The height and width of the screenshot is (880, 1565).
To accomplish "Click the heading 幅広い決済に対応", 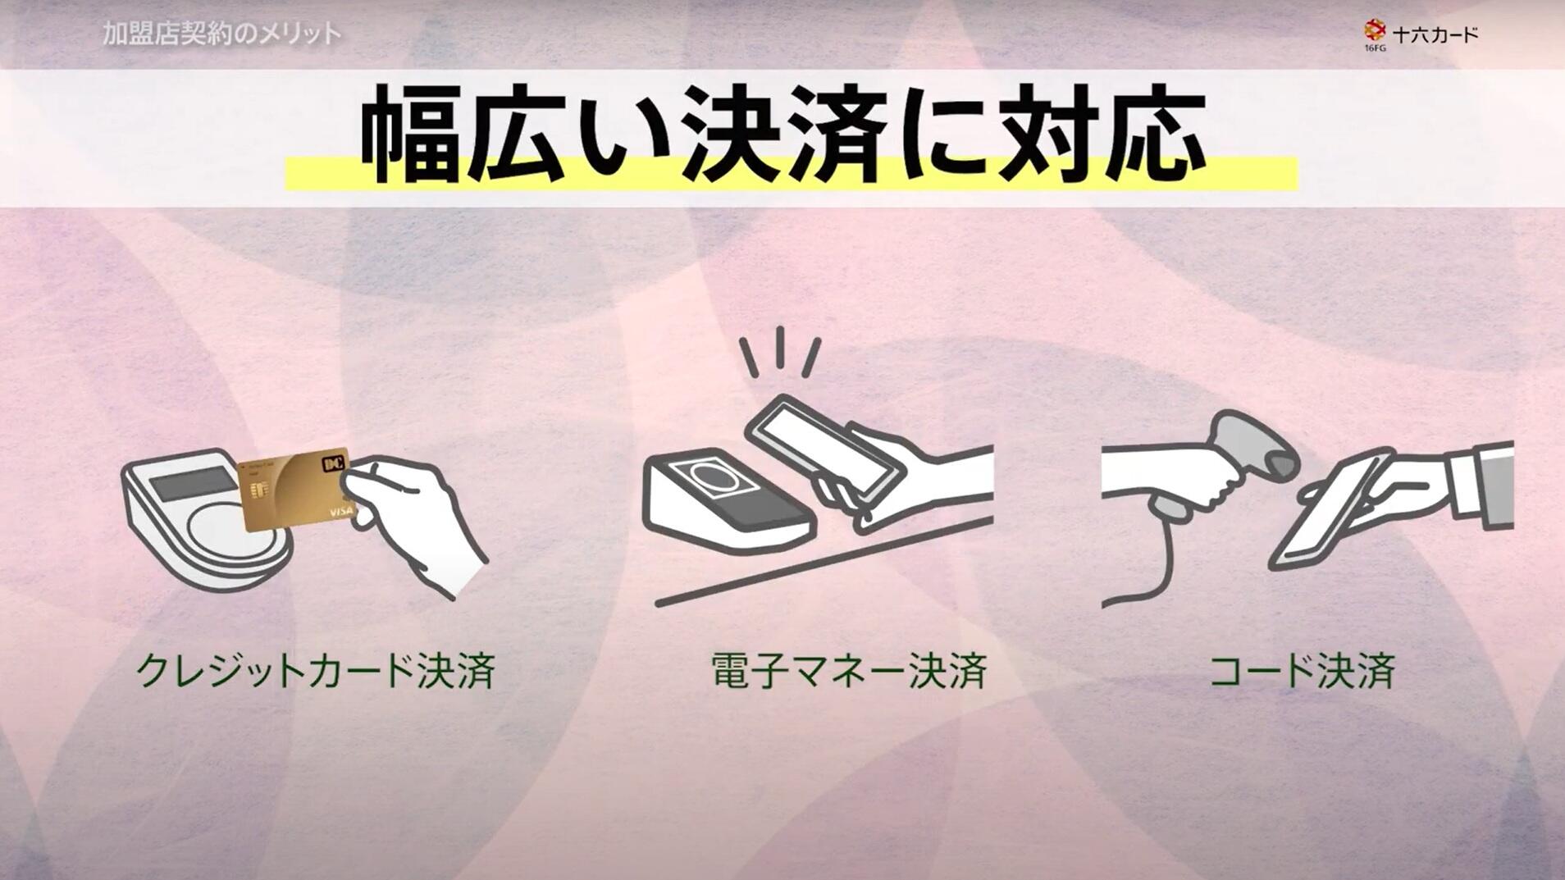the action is [783, 138].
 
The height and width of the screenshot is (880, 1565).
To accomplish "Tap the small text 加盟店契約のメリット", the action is [222, 34].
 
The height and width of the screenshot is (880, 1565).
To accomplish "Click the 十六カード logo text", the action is [1435, 34].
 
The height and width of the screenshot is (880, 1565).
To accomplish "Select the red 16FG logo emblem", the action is [1375, 31].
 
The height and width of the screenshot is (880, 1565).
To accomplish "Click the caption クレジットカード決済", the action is [316, 670].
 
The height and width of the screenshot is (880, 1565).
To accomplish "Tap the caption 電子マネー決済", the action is [849, 670].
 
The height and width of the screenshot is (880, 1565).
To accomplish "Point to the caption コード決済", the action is [1303, 670].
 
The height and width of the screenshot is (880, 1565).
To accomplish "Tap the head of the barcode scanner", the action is [1255, 443].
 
